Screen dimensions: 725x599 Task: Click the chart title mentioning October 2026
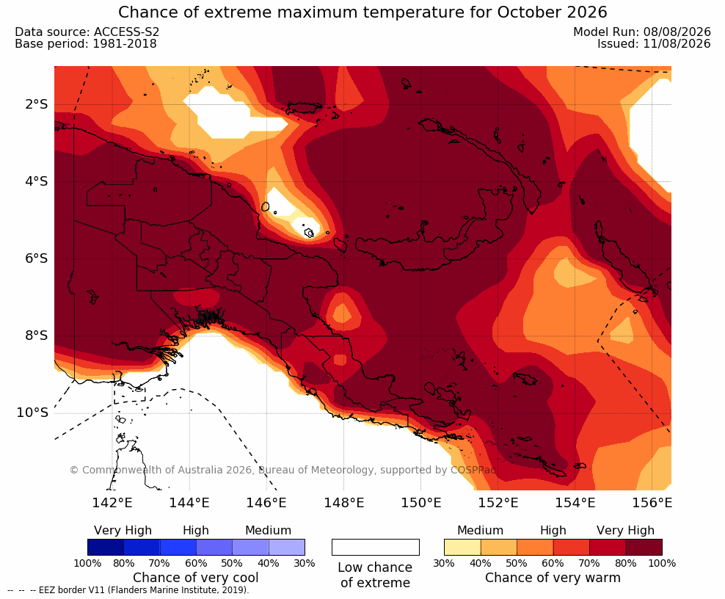point(362,12)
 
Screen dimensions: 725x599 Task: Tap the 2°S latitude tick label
point(37,104)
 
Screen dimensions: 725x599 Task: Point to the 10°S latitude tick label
point(32,412)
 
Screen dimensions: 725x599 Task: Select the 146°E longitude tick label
point(266,502)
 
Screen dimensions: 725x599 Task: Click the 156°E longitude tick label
point(652,502)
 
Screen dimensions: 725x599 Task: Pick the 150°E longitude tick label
point(420,502)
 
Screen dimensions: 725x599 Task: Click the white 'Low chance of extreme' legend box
point(376,547)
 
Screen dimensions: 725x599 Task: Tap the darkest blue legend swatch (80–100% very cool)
point(106,547)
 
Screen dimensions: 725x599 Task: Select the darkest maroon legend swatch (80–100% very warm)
point(644,547)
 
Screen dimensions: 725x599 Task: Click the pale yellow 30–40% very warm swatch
point(462,547)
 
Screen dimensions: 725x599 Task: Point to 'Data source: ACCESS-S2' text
point(87,32)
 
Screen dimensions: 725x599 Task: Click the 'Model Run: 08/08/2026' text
point(642,32)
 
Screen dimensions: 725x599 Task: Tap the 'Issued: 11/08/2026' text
point(654,44)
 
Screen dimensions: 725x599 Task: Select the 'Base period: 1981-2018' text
point(86,44)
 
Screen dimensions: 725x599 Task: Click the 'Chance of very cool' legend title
point(196,578)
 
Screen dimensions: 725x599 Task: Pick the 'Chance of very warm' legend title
point(553,578)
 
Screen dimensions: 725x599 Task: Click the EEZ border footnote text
point(128,591)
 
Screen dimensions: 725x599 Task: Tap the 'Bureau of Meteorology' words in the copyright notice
point(316,471)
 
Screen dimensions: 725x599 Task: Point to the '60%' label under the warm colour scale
point(553,563)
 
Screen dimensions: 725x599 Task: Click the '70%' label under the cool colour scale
point(159,563)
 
